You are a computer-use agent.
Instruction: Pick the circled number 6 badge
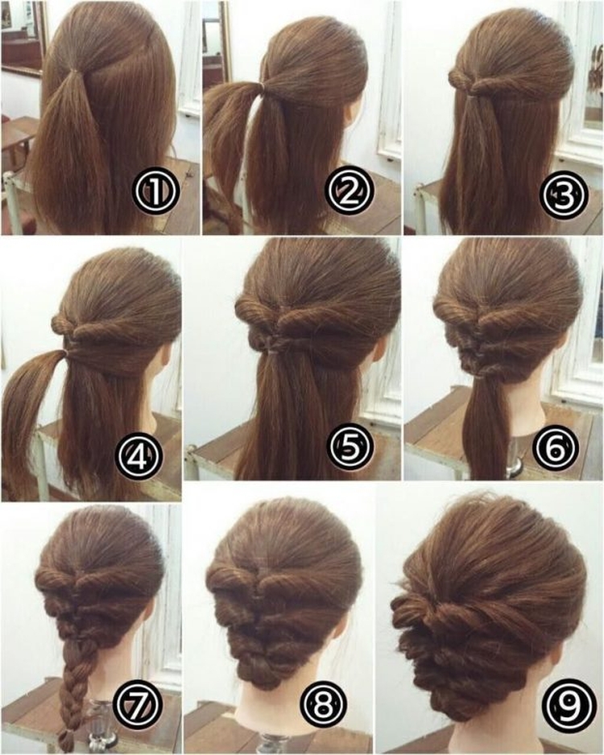pyautogui.click(x=556, y=448)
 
